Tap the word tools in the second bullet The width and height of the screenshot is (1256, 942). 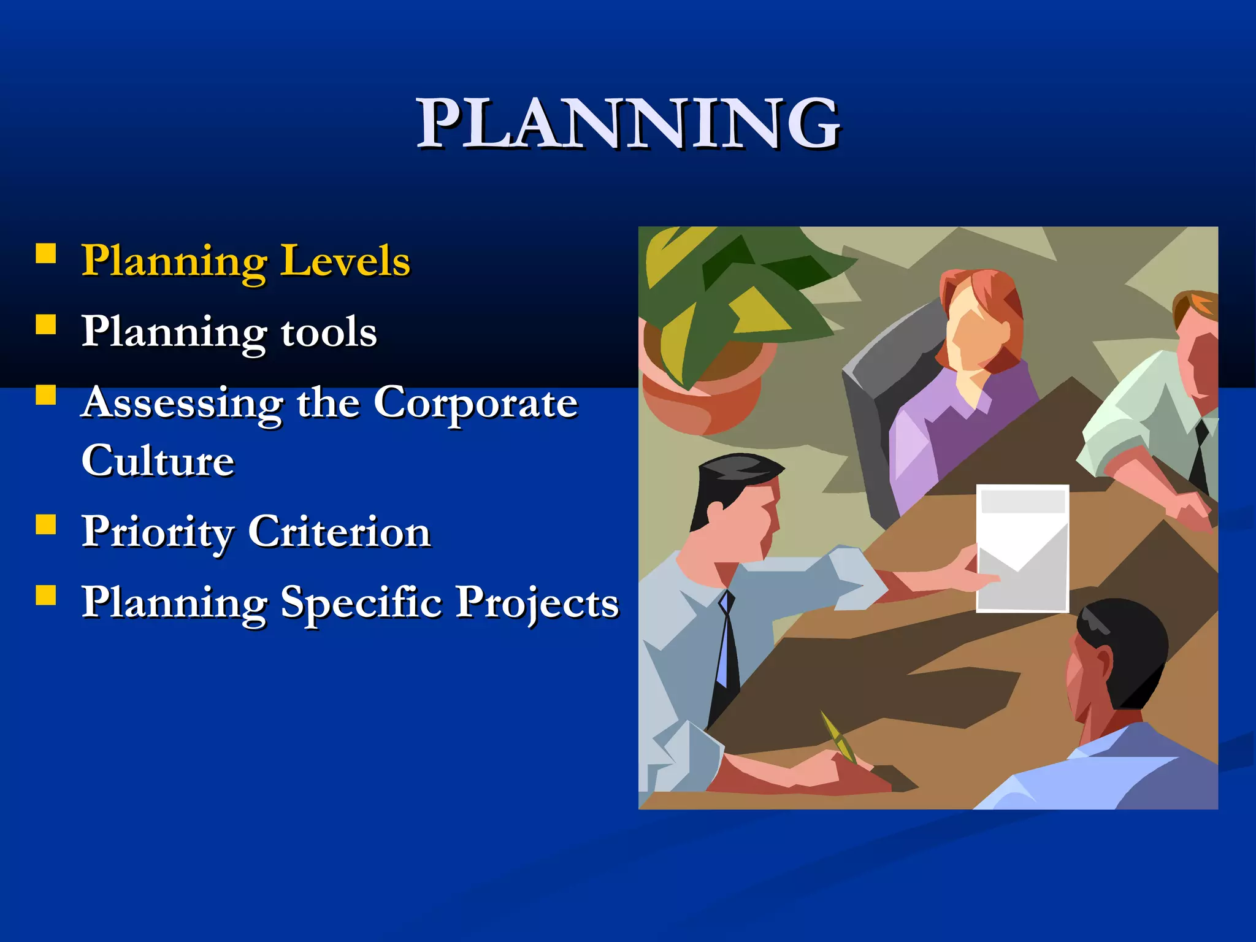tap(329, 332)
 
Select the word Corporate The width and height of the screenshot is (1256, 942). tap(475, 404)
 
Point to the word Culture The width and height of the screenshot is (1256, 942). tap(158, 461)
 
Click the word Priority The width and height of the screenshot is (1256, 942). tap(158, 532)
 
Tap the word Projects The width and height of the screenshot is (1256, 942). tap(537, 602)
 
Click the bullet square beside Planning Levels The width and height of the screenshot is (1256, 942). tap(46, 253)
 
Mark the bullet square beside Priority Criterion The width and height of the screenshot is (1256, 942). tap(46, 525)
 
